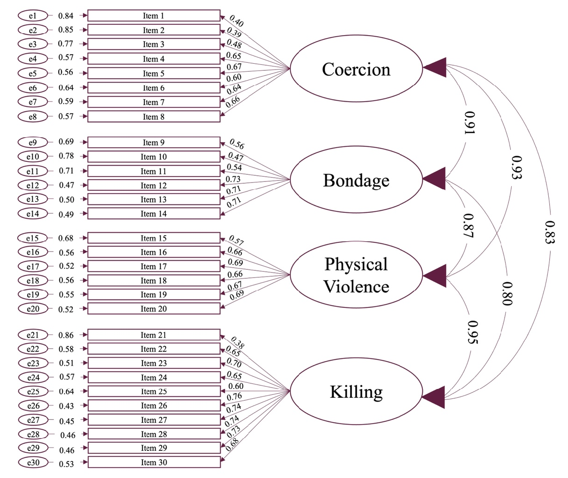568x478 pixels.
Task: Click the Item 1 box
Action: [154, 15]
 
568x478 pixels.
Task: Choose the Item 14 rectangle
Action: [154, 214]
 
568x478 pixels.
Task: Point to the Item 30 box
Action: [154, 462]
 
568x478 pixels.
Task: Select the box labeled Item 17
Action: [154, 266]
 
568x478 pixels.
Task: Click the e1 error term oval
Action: [33, 15]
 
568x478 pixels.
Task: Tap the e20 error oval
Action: [33, 309]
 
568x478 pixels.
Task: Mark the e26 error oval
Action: [33, 406]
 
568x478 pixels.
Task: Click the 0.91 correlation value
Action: [470, 123]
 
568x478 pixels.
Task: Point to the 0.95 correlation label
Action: [473, 332]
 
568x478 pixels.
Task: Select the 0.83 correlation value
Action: [550, 232]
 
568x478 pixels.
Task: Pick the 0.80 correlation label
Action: [508, 293]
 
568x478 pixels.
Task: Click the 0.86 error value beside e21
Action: [66, 335]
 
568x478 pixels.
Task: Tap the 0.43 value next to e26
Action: [67, 406]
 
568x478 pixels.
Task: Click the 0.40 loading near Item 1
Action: [236, 21]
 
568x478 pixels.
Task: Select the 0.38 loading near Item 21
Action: [238, 342]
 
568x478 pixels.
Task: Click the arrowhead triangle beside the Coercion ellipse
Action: [435, 67]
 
